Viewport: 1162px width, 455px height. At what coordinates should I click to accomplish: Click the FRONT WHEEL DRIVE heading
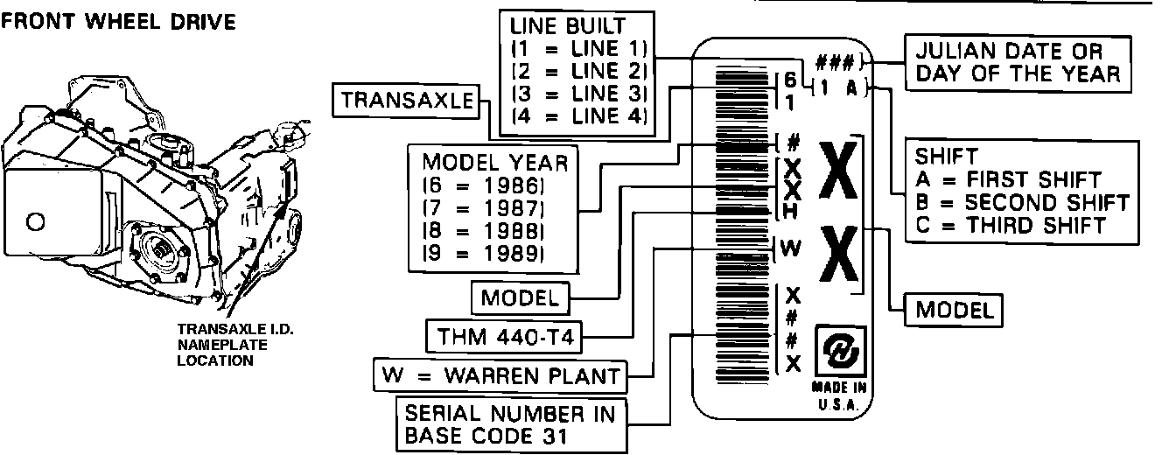119,22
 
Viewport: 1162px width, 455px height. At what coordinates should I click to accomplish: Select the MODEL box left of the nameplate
521,297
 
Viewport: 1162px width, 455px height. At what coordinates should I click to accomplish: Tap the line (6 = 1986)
484,185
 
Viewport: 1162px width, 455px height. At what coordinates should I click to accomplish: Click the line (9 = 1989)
484,254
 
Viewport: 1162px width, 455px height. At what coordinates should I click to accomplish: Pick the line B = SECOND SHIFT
1021,202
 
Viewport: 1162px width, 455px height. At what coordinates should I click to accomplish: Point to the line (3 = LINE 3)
577,94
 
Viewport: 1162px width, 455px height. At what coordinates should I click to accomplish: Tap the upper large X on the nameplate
838,172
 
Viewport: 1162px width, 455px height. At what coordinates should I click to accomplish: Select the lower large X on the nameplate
838,255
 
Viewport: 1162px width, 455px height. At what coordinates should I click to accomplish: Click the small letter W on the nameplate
790,248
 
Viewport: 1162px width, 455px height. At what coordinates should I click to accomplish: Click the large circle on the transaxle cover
36,222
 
